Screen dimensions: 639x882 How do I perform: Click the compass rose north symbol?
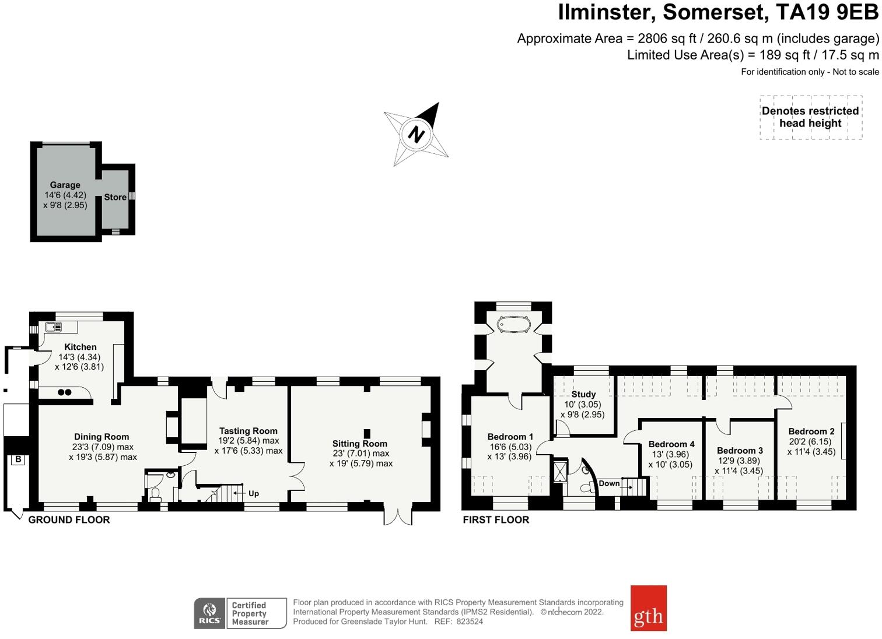click(x=416, y=134)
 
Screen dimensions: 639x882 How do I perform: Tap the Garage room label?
click(x=65, y=185)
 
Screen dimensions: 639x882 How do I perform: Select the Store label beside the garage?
click(x=115, y=197)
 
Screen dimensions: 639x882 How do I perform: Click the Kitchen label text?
click(x=80, y=347)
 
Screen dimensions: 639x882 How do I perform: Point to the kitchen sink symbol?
click(x=54, y=326)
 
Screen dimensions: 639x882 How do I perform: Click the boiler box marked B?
click(x=18, y=459)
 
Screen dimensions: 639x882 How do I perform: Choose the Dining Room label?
click(x=101, y=437)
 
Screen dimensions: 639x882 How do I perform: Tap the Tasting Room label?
click(x=249, y=431)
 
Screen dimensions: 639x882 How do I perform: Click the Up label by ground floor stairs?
click(x=254, y=493)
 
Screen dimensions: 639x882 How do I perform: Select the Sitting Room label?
click(x=360, y=444)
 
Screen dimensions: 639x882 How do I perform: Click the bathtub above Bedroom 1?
click(x=513, y=324)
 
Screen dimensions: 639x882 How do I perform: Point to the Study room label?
click(x=583, y=394)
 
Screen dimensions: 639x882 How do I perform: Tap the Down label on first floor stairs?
click(x=609, y=483)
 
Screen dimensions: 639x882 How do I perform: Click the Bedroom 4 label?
click(x=671, y=444)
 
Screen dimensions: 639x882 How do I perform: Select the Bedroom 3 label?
click(x=740, y=450)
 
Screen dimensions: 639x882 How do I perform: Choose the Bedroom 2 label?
click(x=811, y=431)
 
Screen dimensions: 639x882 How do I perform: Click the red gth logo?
click(x=648, y=608)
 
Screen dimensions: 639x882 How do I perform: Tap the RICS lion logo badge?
click(x=209, y=613)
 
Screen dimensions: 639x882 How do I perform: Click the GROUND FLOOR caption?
click(x=69, y=519)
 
